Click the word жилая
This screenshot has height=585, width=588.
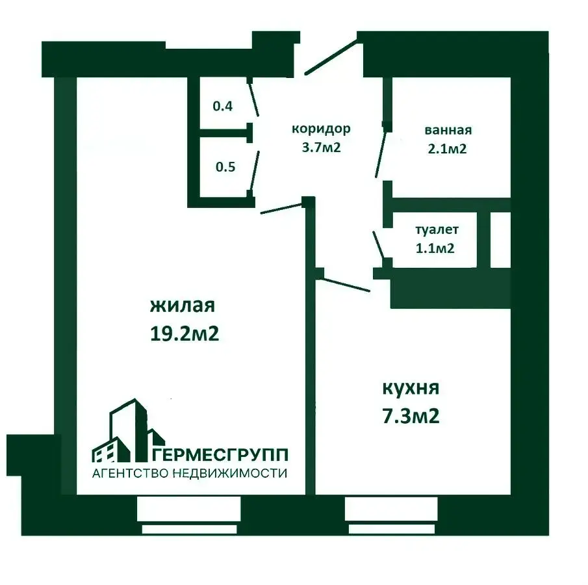[183, 305]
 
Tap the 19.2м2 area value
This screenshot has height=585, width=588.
[184, 333]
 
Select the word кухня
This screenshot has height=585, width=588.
[411, 388]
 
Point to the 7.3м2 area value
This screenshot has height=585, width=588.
[411, 416]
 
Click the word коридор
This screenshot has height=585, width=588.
[321, 129]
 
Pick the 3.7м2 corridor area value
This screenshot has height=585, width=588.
[322, 147]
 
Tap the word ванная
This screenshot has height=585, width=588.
[448, 130]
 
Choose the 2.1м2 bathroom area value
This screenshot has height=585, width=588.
[447, 149]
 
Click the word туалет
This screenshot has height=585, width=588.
[437, 229]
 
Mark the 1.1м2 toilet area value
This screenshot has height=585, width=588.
[435, 248]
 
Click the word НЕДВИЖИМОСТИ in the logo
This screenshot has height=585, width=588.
[230, 473]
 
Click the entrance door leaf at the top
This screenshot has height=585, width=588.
[331, 57]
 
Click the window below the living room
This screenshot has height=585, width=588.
[188, 514]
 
